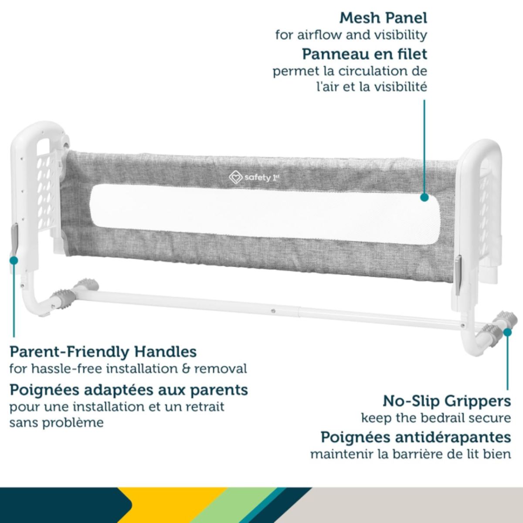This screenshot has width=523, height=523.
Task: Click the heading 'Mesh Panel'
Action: [x=383, y=18]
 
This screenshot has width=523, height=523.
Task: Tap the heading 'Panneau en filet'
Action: [x=365, y=54]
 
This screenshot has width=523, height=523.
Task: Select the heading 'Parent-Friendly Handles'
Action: [x=103, y=352]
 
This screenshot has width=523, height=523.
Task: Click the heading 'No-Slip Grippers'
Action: [x=447, y=401]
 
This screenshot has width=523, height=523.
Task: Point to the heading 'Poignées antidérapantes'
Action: [x=416, y=437]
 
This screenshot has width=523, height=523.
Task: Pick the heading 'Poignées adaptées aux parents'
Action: [x=129, y=390]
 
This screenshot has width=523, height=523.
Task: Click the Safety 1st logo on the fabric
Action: [x=254, y=177]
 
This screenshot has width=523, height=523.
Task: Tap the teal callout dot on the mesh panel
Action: [x=424, y=197]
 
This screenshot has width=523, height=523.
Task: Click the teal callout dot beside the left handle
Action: [x=14, y=261]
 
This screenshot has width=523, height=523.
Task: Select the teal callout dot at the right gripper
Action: [x=508, y=332]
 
